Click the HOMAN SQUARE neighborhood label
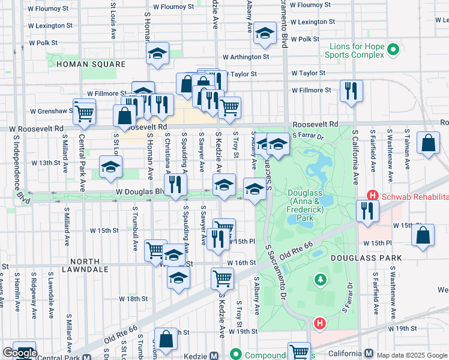pyautogui.click(x=91, y=64)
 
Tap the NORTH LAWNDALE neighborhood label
pyautogui.click(x=89, y=269)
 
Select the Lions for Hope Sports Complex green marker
pyautogui.click(x=393, y=49)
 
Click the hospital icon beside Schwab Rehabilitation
pyautogui.click(x=373, y=196)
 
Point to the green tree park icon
pyautogui.click(x=321, y=280)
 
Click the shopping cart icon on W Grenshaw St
pyautogui.click(x=84, y=111)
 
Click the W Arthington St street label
pyautogui.click(x=246, y=57)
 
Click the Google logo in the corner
pyautogui.click(x=19, y=353)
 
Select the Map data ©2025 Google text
pyautogui.click(x=411, y=355)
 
